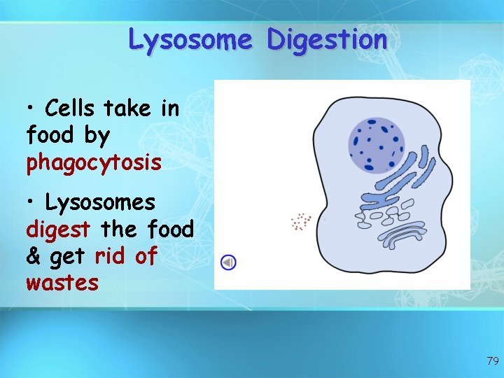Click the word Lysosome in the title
(x=190, y=40)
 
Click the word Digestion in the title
(x=327, y=40)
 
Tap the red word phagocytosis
(x=94, y=163)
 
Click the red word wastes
(x=62, y=283)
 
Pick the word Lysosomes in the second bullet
(x=100, y=202)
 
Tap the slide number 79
(x=492, y=361)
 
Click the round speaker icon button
(x=228, y=262)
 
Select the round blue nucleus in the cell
(x=376, y=145)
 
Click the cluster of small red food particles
(x=301, y=222)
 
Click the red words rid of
(x=126, y=256)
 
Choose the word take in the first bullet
(x=126, y=108)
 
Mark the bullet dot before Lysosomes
(x=31, y=204)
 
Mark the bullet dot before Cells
(x=31, y=109)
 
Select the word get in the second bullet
(x=69, y=258)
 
